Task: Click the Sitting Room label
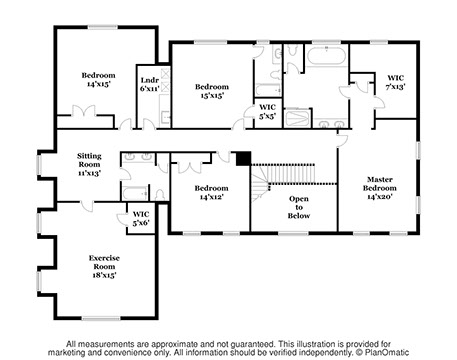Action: (89, 164)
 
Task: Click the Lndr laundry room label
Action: (150, 84)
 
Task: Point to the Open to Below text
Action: (299, 207)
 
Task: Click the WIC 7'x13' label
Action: (396, 82)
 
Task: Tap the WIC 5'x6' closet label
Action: (141, 218)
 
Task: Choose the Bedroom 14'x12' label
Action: (212, 193)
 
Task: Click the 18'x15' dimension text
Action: (104, 275)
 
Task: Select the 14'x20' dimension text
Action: (380, 197)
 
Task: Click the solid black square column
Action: (243, 158)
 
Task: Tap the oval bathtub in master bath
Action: (326, 56)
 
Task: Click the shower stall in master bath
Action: (298, 118)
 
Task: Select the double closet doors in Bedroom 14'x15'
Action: (84, 112)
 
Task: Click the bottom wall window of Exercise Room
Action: (101, 318)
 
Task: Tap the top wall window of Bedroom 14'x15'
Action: (103, 27)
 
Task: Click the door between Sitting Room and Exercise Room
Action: (87, 205)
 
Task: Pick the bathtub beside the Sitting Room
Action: (135, 193)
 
